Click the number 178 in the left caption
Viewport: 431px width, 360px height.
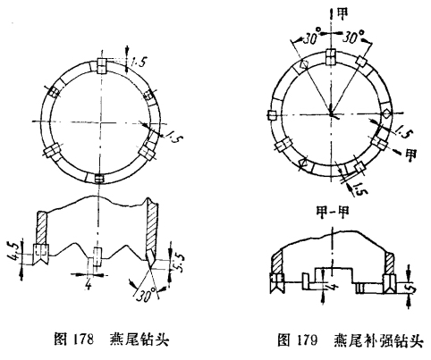tap(82, 339)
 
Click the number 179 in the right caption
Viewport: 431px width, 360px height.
tap(307, 340)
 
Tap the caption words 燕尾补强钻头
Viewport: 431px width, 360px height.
tap(378, 340)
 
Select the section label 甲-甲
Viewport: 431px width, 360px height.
tap(333, 213)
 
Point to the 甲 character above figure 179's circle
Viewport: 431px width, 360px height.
tap(342, 13)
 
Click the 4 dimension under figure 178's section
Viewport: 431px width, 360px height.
tap(89, 285)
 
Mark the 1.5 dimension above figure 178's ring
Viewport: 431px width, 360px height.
tap(138, 62)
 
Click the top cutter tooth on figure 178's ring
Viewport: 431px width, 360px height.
tap(101, 65)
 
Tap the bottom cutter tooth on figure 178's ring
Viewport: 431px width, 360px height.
tap(99, 179)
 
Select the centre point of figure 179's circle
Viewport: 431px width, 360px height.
tap(331, 113)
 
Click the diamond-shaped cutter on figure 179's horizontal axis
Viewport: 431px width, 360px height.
tap(386, 113)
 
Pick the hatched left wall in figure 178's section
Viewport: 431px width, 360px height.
tap(41, 228)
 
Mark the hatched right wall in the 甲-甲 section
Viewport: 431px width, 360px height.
tap(389, 263)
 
